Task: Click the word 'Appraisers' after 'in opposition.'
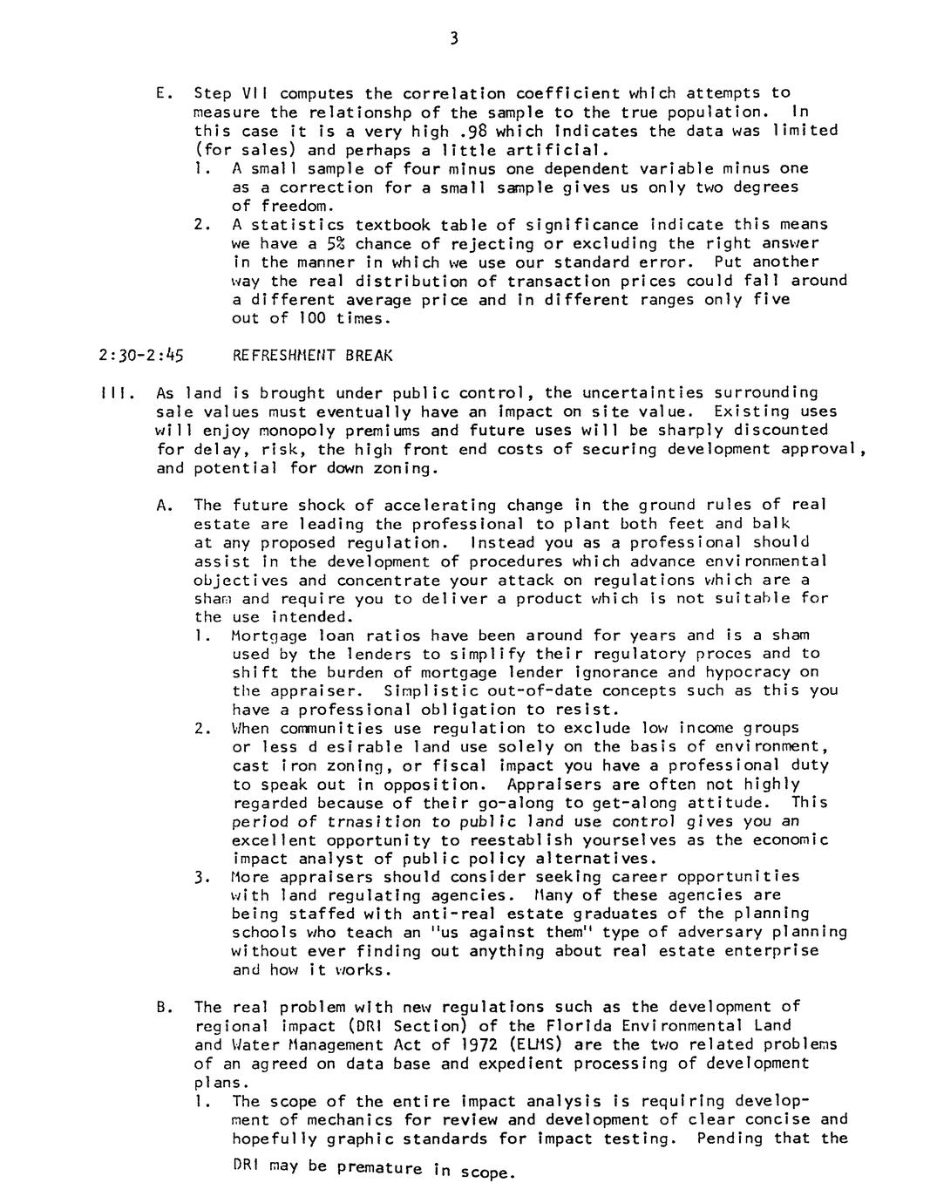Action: (x=543, y=784)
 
